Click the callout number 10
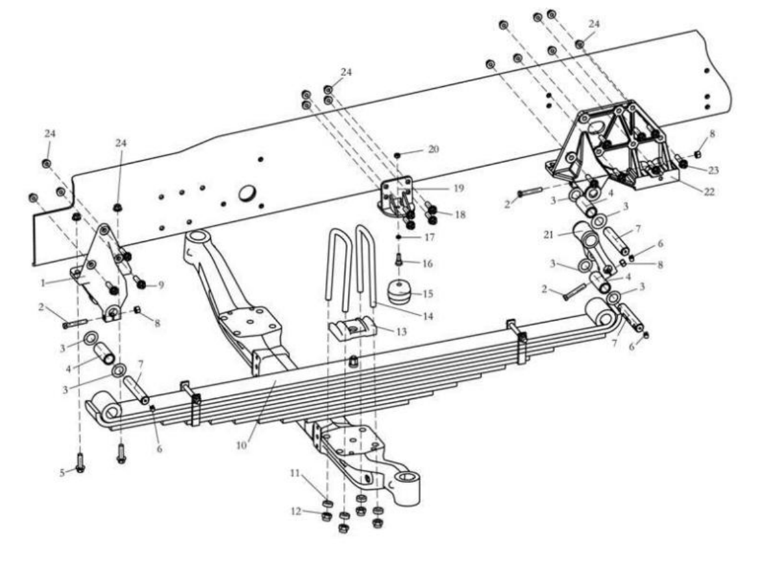coord(241,445)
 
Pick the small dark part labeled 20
coord(397,155)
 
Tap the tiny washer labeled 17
coord(397,238)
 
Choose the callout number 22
coord(709,192)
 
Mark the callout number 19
coord(458,188)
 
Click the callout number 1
coord(43,282)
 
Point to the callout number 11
coord(295,473)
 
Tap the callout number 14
coord(428,316)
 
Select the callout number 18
coord(460,214)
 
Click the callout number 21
coord(548,235)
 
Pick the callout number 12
coord(296,511)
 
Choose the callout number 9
coord(160,285)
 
